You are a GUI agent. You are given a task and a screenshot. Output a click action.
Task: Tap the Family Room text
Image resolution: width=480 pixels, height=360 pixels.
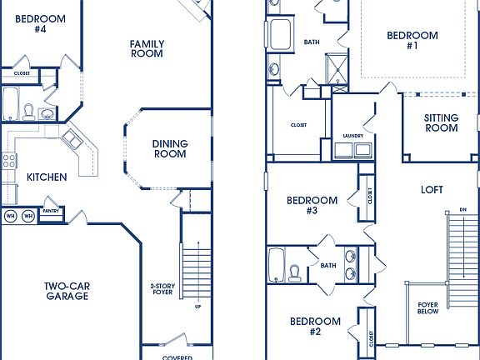[147, 48]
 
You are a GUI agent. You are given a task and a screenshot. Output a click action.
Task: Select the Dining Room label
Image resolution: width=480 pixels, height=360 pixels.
[169, 148]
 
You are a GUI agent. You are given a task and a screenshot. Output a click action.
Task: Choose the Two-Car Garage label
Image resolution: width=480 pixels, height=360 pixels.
[67, 291]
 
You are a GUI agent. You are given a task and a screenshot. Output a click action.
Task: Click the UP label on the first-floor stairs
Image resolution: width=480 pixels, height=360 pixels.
[197, 306]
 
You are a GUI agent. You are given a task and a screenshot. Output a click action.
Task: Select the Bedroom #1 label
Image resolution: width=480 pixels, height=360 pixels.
[412, 41]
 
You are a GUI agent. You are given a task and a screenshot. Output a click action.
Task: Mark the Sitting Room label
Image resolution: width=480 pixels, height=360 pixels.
[441, 122]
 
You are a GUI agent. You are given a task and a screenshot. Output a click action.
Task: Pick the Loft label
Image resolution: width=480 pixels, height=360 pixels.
[432, 190]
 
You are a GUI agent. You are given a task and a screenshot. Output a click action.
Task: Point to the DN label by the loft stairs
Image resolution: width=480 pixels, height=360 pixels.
[462, 209]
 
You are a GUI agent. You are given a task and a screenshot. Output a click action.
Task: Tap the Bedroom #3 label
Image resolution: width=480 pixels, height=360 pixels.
[312, 205]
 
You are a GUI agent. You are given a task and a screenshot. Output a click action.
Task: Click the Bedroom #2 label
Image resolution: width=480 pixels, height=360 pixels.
[315, 326]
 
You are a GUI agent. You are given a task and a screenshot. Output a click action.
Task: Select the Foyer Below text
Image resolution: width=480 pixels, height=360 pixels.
[428, 309]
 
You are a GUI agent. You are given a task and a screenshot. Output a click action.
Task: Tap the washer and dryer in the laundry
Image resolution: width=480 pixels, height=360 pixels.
[353, 151]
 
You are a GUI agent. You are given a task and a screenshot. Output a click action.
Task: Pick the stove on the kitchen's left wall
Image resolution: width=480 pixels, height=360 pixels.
[9, 161]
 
